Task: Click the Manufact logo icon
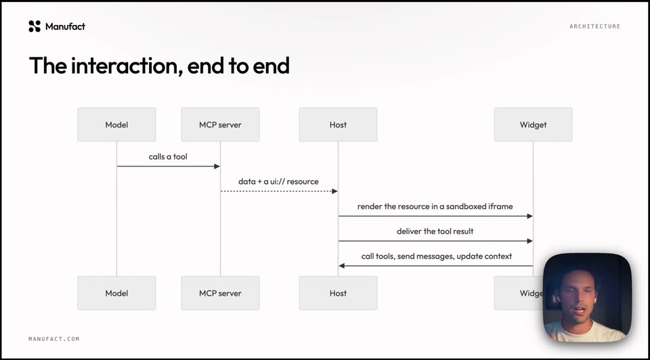pyautogui.click(x=35, y=26)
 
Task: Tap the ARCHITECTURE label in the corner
pyautogui.click(x=595, y=26)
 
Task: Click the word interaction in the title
pyautogui.click(x=127, y=66)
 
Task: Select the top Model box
pyautogui.click(x=116, y=125)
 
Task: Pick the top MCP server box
pyautogui.click(x=220, y=125)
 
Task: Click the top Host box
pyautogui.click(x=338, y=125)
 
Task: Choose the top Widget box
pyautogui.click(x=533, y=125)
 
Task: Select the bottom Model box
pyautogui.click(x=116, y=293)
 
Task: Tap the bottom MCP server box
pyautogui.click(x=220, y=293)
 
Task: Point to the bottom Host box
pyautogui.click(x=338, y=293)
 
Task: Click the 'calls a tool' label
pyautogui.click(x=168, y=156)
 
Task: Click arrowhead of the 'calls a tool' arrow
pyautogui.click(x=217, y=166)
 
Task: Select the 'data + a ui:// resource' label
pyautogui.click(x=278, y=181)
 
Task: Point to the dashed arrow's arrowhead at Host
pyautogui.click(x=335, y=192)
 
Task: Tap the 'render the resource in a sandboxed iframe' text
pyautogui.click(x=435, y=206)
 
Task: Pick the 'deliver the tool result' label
pyautogui.click(x=435, y=231)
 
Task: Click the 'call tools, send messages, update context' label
pyautogui.click(x=437, y=256)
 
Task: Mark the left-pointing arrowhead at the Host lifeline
pyautogui.click(x=341, y=266)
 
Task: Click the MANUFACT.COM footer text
pyautogui.click(x=54, y=339)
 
